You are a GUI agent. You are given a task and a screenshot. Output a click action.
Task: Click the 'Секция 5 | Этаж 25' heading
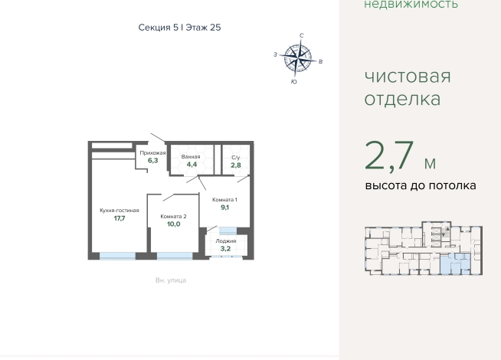coord(179,28)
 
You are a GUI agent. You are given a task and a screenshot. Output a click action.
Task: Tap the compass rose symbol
coord(298,58)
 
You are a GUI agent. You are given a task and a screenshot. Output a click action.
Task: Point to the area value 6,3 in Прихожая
coord(152,160)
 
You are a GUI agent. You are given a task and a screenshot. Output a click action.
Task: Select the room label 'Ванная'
coord(191,157)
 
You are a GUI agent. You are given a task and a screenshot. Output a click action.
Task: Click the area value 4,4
coord(192,165)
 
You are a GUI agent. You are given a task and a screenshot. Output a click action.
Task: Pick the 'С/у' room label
coord(236,158)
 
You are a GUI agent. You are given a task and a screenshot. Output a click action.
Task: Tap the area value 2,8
coord(236,165)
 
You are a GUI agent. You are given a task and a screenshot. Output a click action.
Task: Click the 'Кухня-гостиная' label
coord(120,211)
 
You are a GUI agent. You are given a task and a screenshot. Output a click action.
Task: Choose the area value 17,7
coord(120,218)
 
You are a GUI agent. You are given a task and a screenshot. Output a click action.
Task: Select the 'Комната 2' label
coord(173,217)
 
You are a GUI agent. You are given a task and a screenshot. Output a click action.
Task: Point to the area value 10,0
coord(173,224)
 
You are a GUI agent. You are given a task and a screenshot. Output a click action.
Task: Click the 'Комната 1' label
coord(224,200)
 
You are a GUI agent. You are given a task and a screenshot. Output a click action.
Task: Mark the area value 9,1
coord(224,208)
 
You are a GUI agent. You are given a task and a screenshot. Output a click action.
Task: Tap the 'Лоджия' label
coord(225,241)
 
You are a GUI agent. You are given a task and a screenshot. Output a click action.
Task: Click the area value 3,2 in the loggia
coord(225,249)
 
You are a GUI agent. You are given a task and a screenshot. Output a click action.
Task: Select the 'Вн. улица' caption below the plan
coord(171,280)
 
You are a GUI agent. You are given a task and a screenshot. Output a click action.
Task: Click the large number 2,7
coord(389,156)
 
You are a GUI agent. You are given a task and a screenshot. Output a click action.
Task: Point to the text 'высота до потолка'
coord(421,185)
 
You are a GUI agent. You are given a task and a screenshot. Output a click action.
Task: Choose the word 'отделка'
coord(402,99)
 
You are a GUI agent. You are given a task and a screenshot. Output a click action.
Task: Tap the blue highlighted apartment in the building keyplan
coord(455,263)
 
